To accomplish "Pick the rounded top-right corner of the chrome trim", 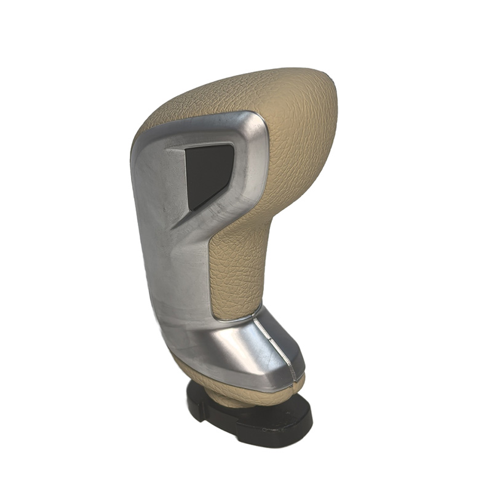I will click(258, 123).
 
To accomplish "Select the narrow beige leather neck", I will click(240, 264).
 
